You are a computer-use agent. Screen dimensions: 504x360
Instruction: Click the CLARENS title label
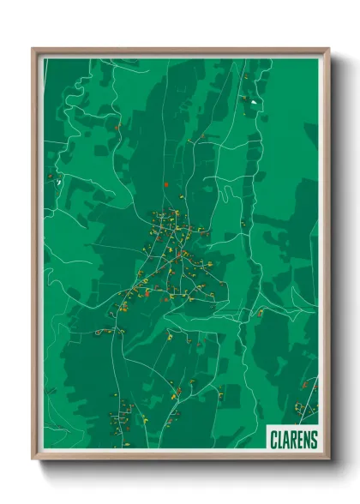(294, 438)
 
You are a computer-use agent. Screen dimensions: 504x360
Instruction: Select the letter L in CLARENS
(281, 438)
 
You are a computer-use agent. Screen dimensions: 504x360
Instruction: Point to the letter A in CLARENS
(287, 438)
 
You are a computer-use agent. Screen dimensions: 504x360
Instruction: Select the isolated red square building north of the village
(165, 183)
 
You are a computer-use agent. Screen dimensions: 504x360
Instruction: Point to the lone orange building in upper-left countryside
(117, 129)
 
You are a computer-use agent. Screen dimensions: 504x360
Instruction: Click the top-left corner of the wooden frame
(33, 50)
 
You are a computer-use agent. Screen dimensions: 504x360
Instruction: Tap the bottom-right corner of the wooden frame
(327, 458)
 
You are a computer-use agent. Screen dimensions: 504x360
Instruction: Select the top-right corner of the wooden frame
(327, 50)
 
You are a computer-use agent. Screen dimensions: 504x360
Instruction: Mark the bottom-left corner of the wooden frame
(33, 458)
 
